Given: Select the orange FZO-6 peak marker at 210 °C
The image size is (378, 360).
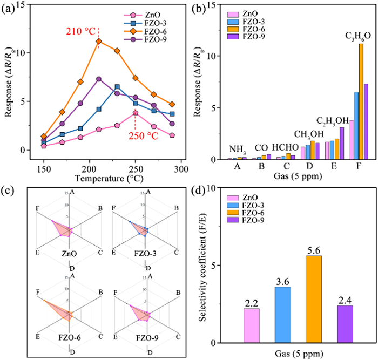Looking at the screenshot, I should click(x=98, y=41).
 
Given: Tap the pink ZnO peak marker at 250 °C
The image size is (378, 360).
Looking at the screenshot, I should click(x=135, y=113).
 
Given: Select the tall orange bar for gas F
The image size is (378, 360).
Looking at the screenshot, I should click(x=361, y=101).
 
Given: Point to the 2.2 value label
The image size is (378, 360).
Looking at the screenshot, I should click(x=251, y=304).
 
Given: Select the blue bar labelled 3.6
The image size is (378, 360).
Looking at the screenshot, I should click(x=282, y=315).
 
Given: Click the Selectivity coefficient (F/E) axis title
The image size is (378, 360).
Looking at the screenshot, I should click(x=203, y=264).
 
